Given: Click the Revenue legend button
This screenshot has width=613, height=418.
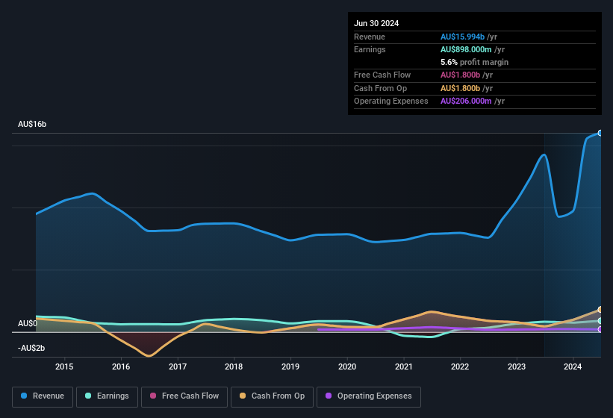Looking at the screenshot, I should tap(43, 396).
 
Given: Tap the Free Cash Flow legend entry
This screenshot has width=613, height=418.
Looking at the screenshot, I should tap(184, 396).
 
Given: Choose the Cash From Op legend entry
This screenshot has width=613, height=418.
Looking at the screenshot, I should tap(273, 396).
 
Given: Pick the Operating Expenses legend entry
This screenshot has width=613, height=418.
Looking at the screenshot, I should tap(369, 396).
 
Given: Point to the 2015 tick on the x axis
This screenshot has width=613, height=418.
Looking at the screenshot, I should tap(64, 366).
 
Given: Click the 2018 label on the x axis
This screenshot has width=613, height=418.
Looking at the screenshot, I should tap(234, 366).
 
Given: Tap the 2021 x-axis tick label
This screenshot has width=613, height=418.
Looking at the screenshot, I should tap(404, 366).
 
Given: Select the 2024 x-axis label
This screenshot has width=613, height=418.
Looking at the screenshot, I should tap(573, 366).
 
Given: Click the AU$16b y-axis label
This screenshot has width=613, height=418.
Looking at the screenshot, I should tap(32, 124).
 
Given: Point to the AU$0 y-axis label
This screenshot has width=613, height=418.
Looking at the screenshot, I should tap(28, 323).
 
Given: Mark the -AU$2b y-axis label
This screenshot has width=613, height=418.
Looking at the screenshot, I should tap(31, 348).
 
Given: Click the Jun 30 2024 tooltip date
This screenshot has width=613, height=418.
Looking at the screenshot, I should tap(376, 23).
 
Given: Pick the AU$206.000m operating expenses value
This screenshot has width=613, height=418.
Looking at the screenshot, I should tap(473, 101).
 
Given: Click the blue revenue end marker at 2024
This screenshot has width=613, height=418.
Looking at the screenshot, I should tap(600, 133).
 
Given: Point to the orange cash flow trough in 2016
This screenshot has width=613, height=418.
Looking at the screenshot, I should tap(149, 356).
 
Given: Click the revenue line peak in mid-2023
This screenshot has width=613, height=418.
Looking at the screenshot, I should tap(544, 155).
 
